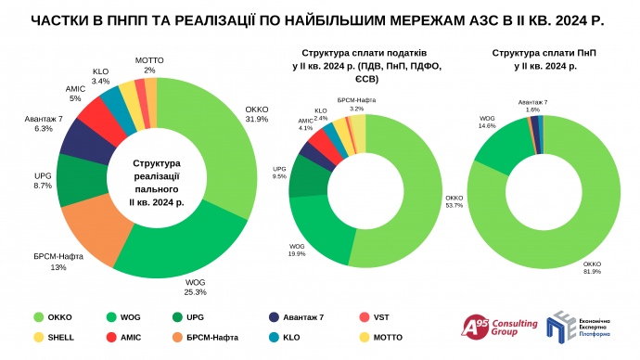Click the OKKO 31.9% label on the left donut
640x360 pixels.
click(256, 113)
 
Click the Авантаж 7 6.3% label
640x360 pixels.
click(44, 124)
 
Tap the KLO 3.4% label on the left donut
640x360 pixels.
click(101, 74)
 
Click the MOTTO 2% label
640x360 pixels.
click(149, 64)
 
